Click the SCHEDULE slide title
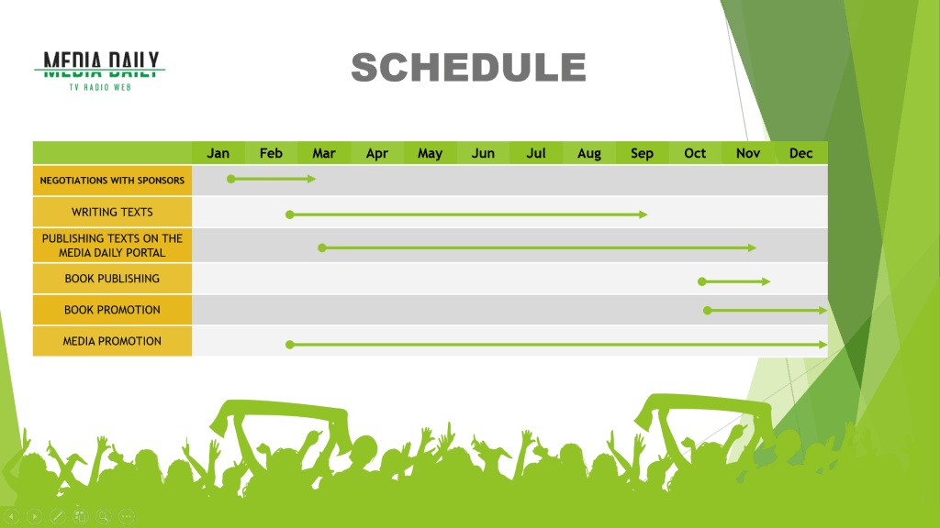click(468, 67)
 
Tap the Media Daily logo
click(99, 71)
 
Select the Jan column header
click(218, 153)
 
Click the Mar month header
click(324, 153)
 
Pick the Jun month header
click(483, 153)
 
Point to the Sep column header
click(642, 153)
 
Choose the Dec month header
click(800, 153)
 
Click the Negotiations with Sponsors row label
click(112, 181)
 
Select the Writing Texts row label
click(112, 212)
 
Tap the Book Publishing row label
click(112, 279)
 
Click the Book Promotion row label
click(112, 310)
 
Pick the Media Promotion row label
click(112, 341)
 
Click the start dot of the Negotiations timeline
click(230, 179)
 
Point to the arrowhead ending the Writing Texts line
click(643, 214)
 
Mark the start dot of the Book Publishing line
click(702, 281)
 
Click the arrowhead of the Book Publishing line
click(767, 281)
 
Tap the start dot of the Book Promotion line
click(708, 310)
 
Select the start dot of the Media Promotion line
click(289, 345)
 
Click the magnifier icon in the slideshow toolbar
click(104, 516)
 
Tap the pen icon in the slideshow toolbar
click(58, 516)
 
